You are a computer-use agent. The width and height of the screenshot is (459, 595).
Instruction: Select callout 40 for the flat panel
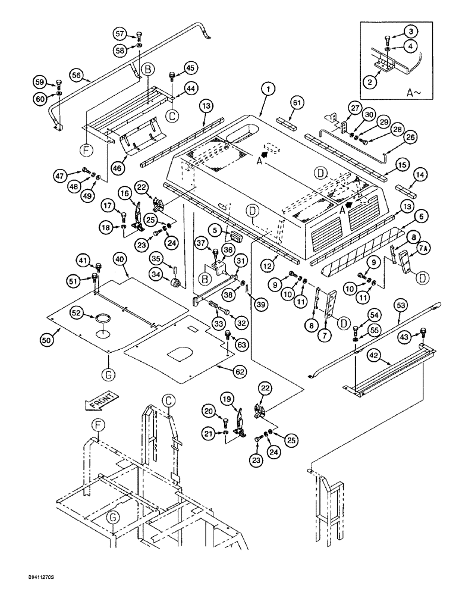[x=121, y=259]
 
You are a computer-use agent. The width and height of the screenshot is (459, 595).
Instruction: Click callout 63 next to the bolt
[x=241, y=344]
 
